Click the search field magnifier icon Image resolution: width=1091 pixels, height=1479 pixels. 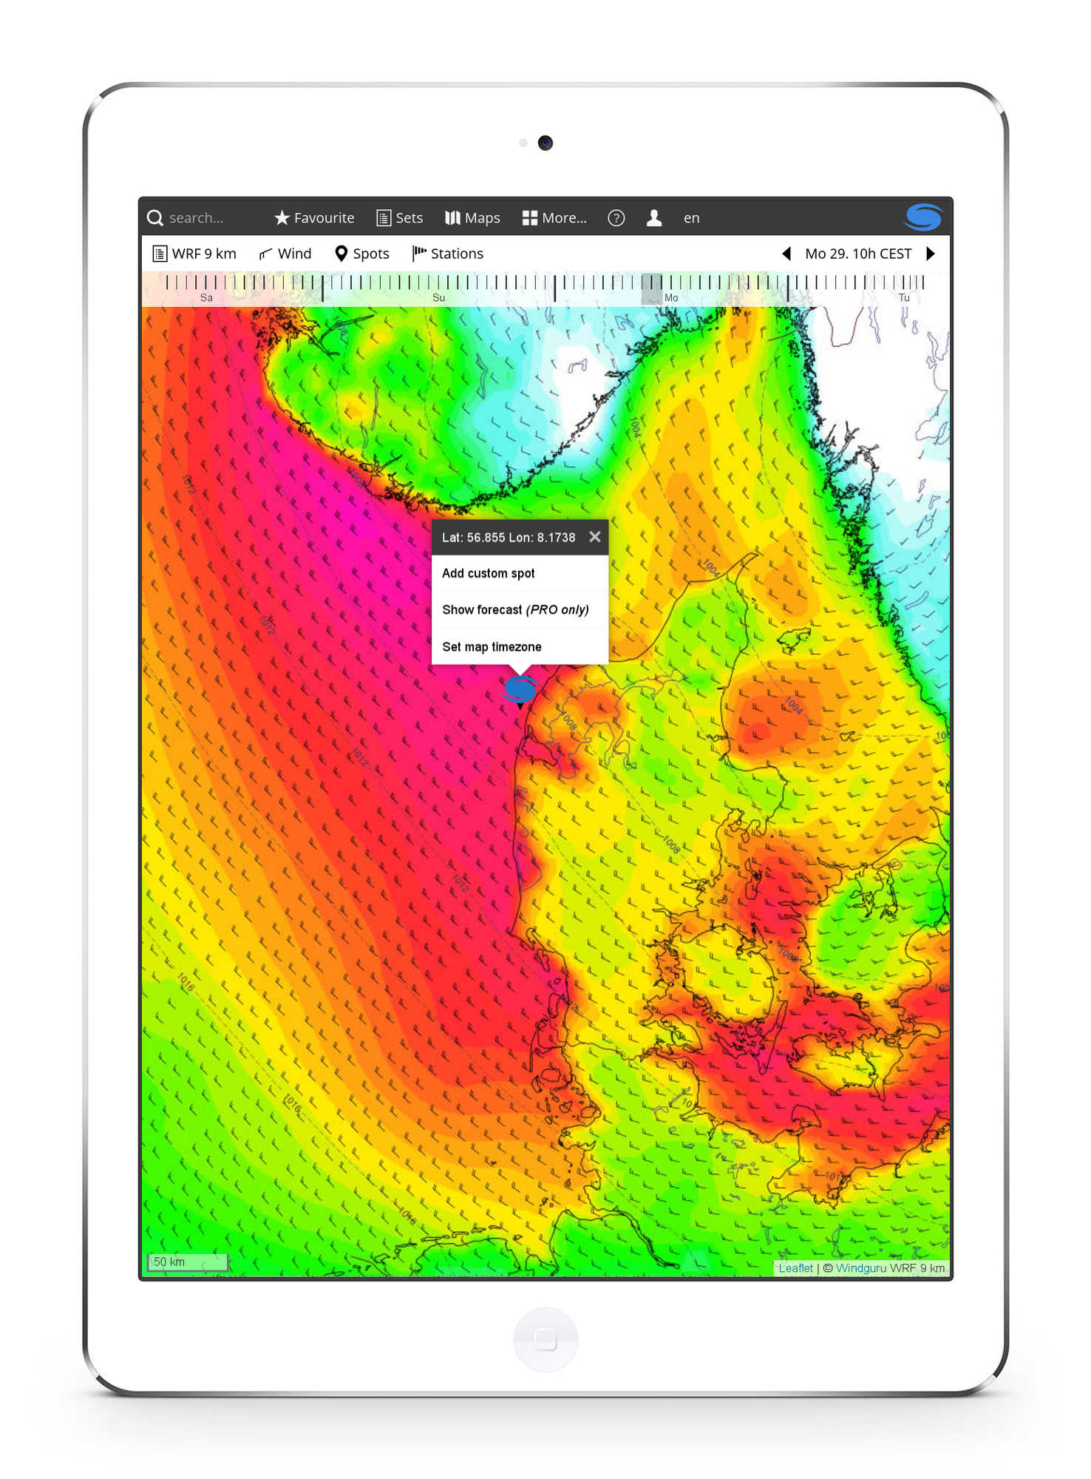154,218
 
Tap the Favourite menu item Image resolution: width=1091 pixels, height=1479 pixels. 314,218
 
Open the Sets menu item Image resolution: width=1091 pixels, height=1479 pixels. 400,218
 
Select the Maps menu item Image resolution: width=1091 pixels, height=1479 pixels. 473,218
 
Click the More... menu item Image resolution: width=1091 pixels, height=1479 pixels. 554,218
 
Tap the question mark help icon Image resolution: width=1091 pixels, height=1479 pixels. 616,218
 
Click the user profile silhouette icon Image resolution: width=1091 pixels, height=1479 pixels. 653,218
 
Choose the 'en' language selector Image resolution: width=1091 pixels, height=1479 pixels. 691,218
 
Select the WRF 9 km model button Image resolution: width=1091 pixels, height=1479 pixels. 194,254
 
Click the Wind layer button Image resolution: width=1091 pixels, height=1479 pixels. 285,254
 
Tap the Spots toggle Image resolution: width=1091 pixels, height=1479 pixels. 362,254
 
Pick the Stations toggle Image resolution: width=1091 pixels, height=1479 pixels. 448,254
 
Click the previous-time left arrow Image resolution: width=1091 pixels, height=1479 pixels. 786,254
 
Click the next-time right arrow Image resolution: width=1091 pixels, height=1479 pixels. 931,254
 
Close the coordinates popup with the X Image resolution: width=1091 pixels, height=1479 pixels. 594,537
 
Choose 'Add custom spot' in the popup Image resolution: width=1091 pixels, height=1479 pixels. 488,573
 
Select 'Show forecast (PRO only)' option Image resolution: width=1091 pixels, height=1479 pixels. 515,609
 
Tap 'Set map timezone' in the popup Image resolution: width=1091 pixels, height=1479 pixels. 492,646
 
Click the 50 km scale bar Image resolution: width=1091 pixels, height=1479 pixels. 187,1262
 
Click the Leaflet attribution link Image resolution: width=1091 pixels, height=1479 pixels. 795,1268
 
